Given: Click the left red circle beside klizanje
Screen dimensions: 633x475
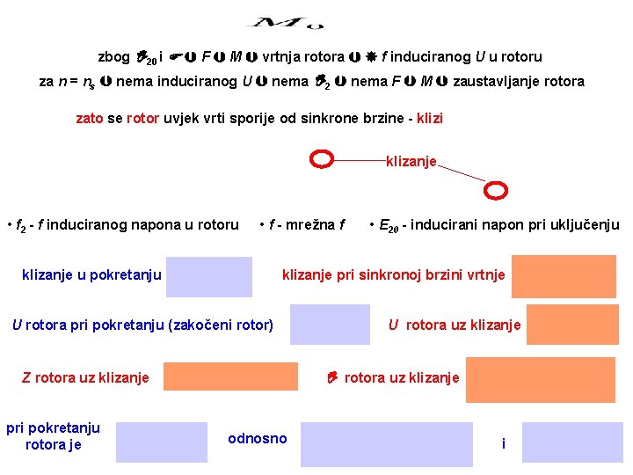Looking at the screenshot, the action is (323, 159).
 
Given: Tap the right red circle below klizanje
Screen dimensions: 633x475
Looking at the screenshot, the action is (498, 190).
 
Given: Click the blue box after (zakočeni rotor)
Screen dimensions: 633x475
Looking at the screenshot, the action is (330, 325).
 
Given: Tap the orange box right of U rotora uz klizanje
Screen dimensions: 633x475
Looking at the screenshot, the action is (572, 325).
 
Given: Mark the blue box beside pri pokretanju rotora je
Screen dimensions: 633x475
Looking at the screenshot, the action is (161, 442).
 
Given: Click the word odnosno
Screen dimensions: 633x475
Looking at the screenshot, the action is (258, 438).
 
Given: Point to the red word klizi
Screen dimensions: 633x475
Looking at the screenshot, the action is (428, 117).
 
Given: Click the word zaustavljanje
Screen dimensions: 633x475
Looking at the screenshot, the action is (497, 81).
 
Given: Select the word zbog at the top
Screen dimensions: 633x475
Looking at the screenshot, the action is (113, 57).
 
